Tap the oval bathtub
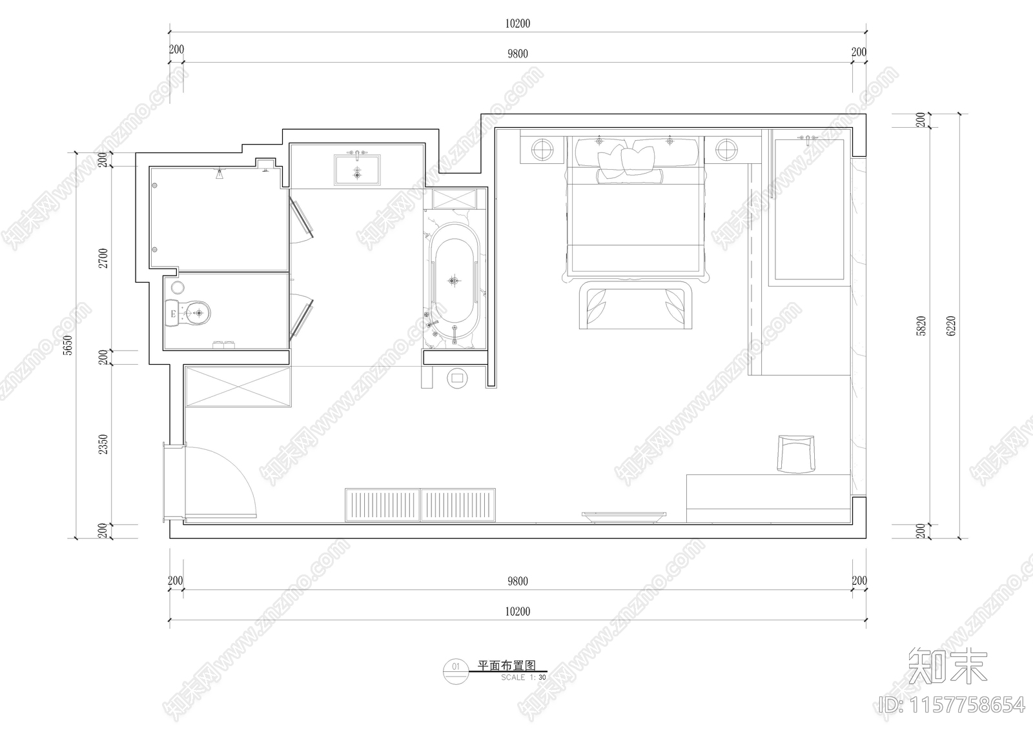[455, 281]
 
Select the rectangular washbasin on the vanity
[356, 170]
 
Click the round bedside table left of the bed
[543, 150]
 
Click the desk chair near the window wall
[797, 454]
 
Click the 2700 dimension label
[104, 258]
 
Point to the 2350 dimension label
[104, 444]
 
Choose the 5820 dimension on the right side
[921, 326]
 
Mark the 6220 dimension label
[950, 326]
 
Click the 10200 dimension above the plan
[517, 24]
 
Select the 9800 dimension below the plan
[517, 582]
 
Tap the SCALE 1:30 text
[523, 678]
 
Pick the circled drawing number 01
[456, 666]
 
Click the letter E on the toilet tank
[172, 315]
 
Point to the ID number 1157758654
[953, 704]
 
